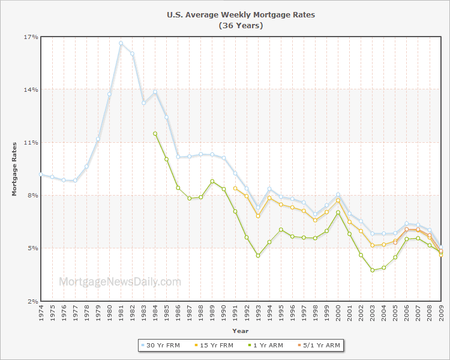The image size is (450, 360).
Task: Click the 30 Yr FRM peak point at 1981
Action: (x=121, y=43)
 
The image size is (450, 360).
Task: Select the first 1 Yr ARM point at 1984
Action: (x=155, y=134)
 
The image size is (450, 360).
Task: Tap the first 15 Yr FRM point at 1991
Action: (x=235, y=188)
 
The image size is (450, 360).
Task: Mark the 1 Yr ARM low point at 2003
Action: (x=372, y=270)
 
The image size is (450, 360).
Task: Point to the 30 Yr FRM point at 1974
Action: (x=40, y=174)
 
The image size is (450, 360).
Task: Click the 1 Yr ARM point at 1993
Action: (x=258, y=256)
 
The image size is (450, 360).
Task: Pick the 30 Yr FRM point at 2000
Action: (x=338, y=194)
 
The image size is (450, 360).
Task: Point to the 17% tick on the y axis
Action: (x=31, y=37)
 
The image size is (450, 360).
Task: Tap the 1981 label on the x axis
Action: (x=121, y=312)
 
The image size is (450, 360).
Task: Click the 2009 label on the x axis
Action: (x=441, y=312)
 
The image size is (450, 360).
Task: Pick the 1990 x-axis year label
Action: (x=224, y=312)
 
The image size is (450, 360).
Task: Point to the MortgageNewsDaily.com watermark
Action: (x=119, y=281)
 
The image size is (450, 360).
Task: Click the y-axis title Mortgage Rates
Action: (x=15, y=169)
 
